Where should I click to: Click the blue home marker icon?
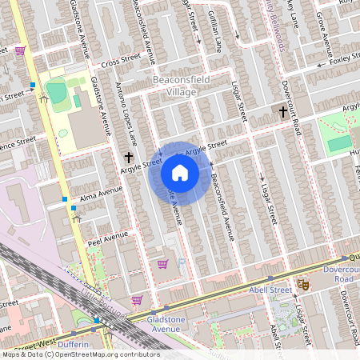coord(180,173)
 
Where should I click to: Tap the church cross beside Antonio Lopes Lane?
coord(129,158)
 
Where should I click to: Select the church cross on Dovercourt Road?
coord(282,112)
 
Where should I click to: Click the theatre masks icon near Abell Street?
coord(303,284)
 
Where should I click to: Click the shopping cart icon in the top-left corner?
coord(20,50)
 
